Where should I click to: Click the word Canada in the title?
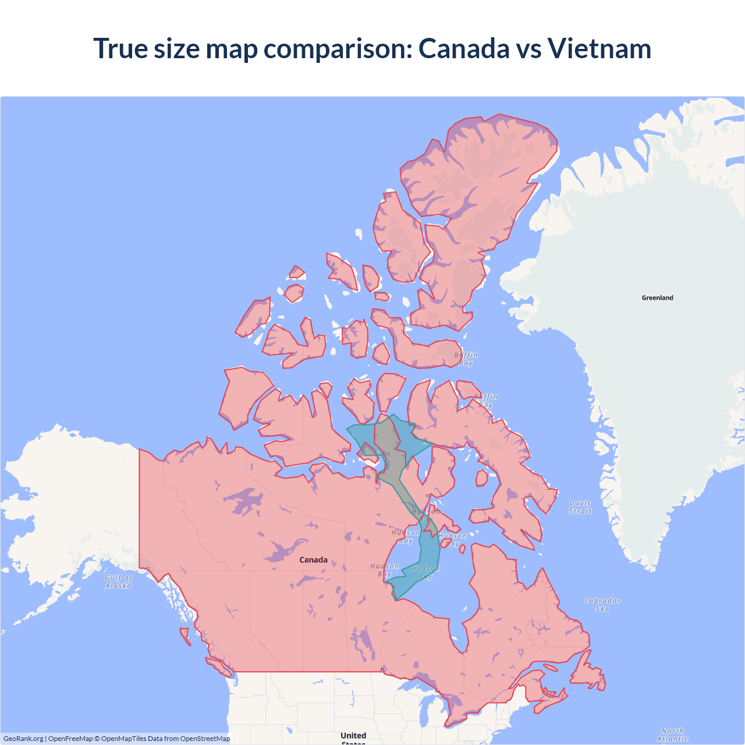(464, 48)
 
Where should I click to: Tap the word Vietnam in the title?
(599, 48)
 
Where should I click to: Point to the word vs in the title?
(528, 48)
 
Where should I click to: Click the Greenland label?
(657, 297)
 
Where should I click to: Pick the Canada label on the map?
(313, 560)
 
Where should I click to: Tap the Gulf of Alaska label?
(119, 581)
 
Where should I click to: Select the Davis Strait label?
(580, 507)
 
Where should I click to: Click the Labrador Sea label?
(602, 604)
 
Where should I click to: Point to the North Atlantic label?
(672, 735)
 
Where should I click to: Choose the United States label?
(353, 737)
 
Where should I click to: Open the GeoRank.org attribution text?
(23, 739)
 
